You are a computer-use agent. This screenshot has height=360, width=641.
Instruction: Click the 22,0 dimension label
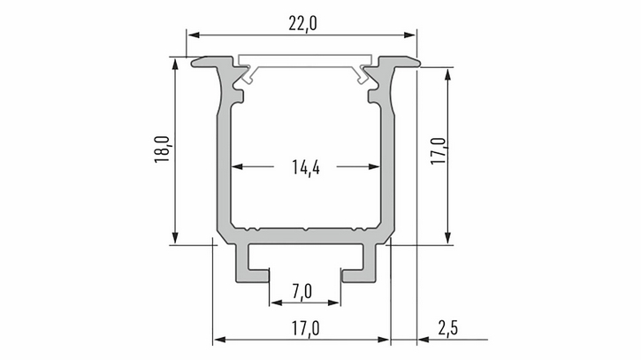302,24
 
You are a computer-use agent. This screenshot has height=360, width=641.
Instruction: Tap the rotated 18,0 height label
162,149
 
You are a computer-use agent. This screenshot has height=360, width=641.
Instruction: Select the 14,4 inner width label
306,167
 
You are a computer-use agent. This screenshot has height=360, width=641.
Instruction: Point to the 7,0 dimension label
302,292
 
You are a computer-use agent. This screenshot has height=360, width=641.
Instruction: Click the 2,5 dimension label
448,328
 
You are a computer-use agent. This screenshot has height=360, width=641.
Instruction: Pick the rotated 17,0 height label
439,151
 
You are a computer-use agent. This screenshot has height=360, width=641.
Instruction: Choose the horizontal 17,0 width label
306,328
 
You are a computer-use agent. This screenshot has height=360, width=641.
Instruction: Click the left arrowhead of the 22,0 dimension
194,34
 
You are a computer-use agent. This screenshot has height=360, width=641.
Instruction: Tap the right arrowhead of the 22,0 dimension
409,34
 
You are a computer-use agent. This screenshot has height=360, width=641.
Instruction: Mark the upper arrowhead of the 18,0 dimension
175,65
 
